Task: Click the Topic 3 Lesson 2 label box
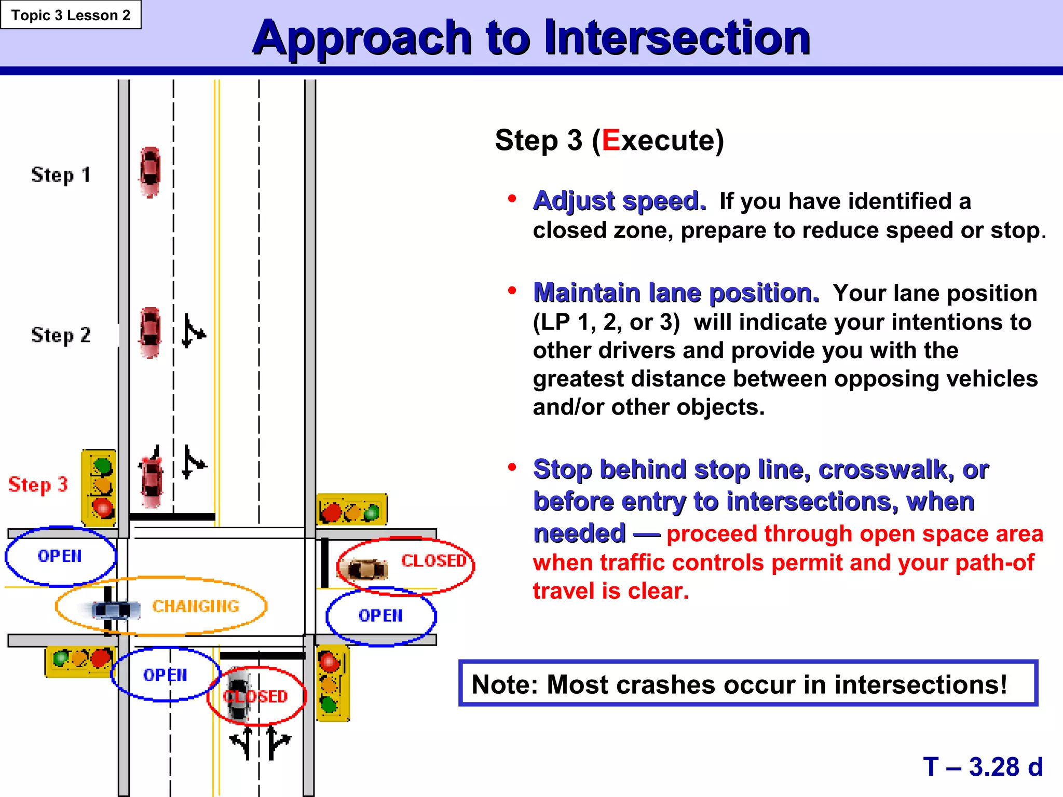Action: click(x=71, y=15)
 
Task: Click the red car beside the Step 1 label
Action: click(x=150, y=172)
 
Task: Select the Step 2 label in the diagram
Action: click(x=61, y=335)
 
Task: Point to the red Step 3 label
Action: click(x=38, y=485)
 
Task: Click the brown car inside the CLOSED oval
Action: click(x=367, y=569)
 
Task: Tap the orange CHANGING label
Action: click(x=195, y=606)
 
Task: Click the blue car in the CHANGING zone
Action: click(x=115, y=610)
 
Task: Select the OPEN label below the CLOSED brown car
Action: click(x=380, y=615)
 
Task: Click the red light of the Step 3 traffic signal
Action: click(x=102, y=507)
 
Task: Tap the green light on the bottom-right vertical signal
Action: click(x=329, y=704)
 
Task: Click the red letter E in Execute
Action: click(x=611, y=140)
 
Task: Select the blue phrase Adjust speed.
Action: click(x=619, y=201)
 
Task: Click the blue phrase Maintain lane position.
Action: click(x=676, y=293)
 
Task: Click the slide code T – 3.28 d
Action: click(x=983, y=766)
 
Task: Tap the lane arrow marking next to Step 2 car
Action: click(x=193, y=331)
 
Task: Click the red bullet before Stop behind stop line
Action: click(x=512, y=468)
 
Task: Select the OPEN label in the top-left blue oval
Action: click(x=60, y=556)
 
